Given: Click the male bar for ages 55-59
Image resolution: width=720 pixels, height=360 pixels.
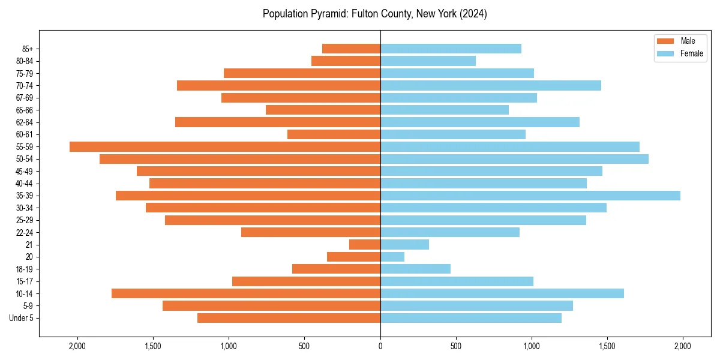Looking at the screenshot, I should point(225,146).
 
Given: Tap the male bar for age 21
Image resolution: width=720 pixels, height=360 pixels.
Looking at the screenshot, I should point(365,245).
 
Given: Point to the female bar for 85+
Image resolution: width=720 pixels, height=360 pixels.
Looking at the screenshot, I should point(451,49).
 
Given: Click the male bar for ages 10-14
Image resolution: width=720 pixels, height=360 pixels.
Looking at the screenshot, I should point(246,293).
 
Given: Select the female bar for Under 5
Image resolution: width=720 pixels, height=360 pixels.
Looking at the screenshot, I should point(471,318).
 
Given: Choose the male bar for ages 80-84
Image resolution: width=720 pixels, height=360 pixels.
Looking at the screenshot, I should point(346,61).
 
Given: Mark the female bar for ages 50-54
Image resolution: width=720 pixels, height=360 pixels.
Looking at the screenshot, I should point(514,159).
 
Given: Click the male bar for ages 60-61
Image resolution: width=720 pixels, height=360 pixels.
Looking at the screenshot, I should point(334,134).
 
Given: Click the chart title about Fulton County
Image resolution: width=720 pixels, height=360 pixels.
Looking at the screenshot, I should point(374,14).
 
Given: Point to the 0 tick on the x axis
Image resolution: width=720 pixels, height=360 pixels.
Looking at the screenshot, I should point(380,346).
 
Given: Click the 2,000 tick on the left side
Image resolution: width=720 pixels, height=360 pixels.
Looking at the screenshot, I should point(77,346).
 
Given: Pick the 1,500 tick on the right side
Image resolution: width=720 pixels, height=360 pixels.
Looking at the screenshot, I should point(607,346).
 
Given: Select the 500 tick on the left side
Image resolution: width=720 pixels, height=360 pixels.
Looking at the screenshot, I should point(304,346).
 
